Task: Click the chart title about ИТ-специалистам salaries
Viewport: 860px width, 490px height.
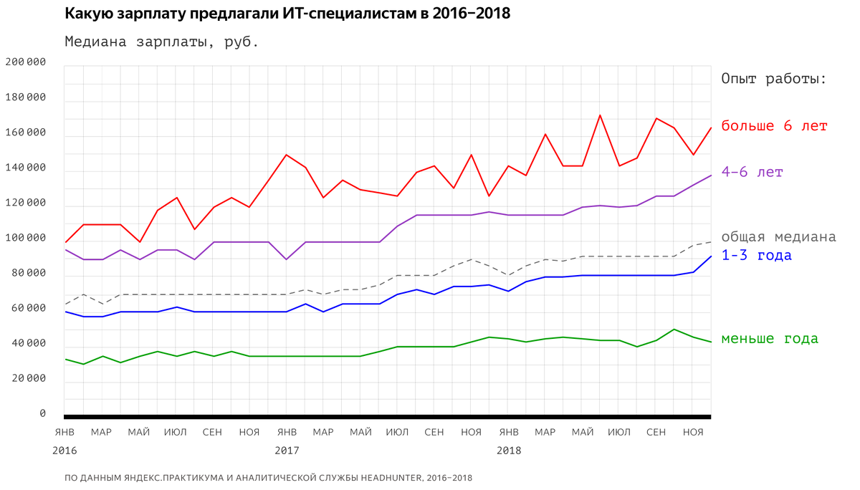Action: click(x=287, y=13)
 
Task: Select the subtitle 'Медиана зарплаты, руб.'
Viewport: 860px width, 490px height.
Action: click(x=161, y=42)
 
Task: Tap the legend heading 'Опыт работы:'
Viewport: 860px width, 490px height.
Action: click(x=774, y=79)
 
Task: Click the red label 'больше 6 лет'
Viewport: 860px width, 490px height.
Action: click(x=774, y=126)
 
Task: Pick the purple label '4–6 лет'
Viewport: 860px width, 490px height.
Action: click(x=752, y=173)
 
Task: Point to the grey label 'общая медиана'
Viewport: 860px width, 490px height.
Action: click(x=778, y=237)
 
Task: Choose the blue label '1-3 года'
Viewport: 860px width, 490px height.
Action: click(x=756, y=256)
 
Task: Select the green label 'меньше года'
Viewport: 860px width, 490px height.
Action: click(x=769, y=339)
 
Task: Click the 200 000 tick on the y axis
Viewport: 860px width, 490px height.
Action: click(x=26, y=62)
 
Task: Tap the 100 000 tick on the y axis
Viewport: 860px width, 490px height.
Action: click(x=26, y=238)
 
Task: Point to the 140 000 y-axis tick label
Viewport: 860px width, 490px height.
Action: click(x=26, y=168)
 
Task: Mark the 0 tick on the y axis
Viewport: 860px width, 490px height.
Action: click(x=42, y=413)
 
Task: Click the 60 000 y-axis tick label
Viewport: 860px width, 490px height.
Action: click(x=26, y=308)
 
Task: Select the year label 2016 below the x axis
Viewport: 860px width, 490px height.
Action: click(x=64, y=451)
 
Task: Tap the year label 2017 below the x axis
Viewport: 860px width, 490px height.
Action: click(x=287, y=451)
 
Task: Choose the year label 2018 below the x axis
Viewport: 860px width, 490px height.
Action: click(x=509, y=451)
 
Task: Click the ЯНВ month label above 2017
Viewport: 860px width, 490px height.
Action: click(x=287, y=432)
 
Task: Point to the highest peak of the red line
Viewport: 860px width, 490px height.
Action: click(x=600, y=115)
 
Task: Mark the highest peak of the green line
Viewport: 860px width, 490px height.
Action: click(x=674, y=330)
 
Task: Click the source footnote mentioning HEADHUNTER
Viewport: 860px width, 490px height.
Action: click(x=268, y=478)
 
